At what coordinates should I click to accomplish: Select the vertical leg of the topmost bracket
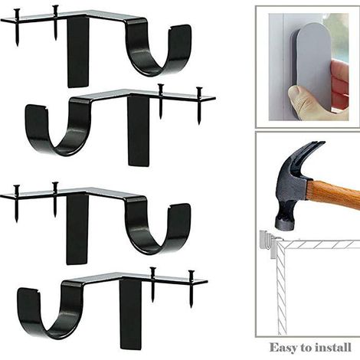click(x=78, y=52)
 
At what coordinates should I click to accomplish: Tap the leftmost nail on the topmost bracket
click(x=17, y=27)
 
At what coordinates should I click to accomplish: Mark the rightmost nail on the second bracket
click(x=199, y=106)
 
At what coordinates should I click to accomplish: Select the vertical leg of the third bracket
click(x=77, y=230)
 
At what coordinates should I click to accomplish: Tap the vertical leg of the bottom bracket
click(x=130, y=315)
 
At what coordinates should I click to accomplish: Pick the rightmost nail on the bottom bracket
click(x=191, y=289)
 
